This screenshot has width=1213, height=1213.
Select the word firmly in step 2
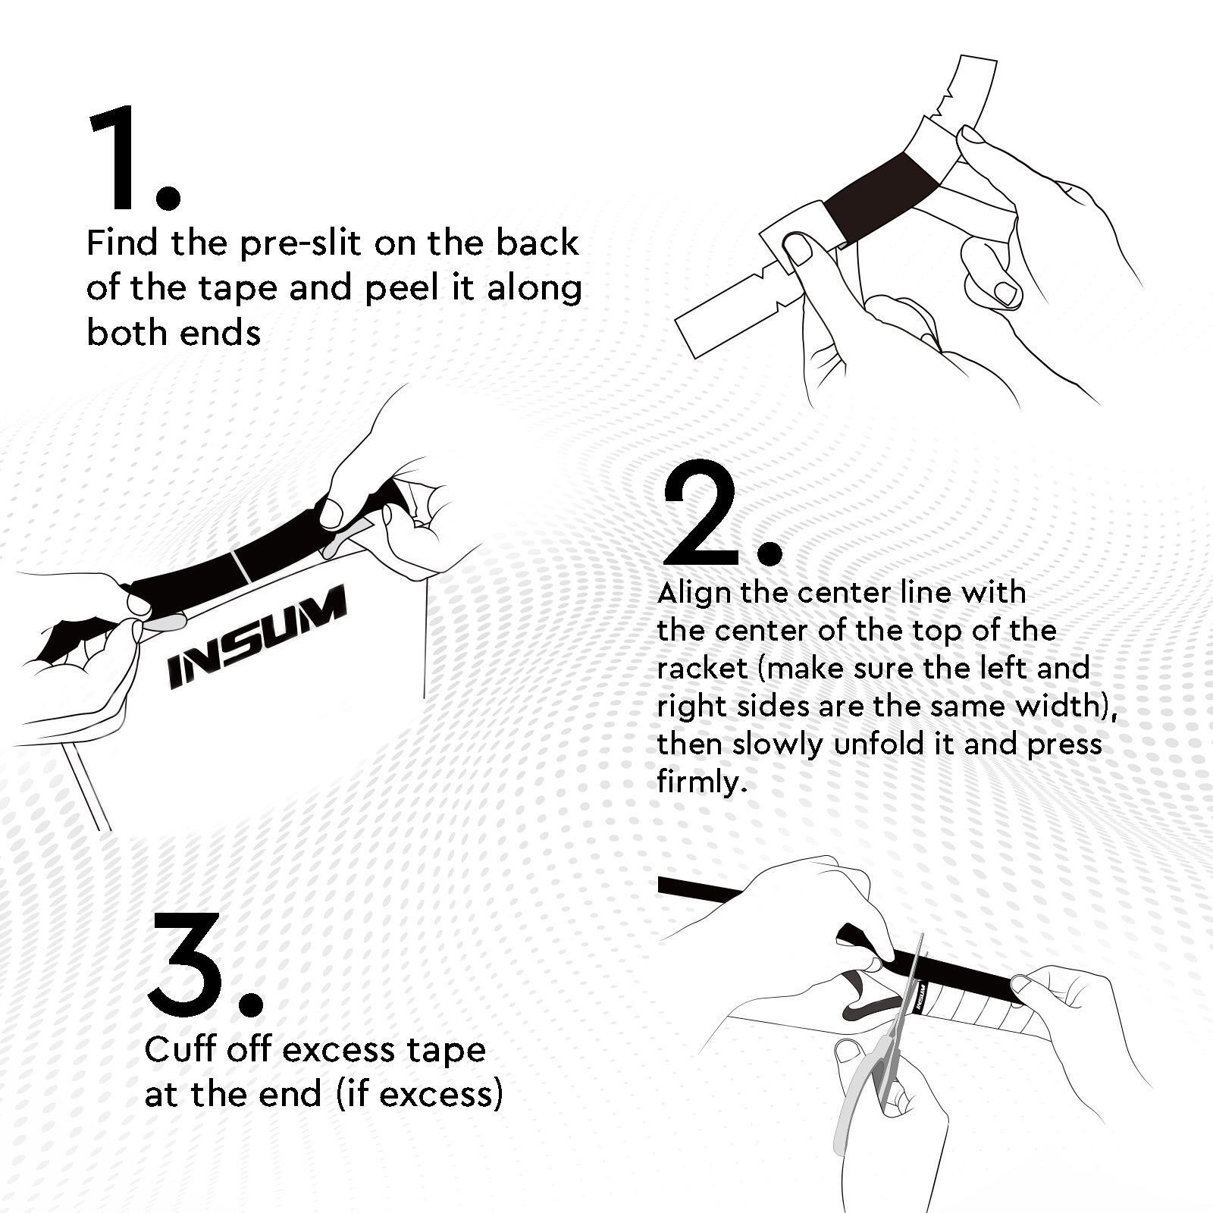pyautogui.click(x=702, y=782)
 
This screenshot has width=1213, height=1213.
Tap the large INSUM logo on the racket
pyautogui.click(x=256, y=637)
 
